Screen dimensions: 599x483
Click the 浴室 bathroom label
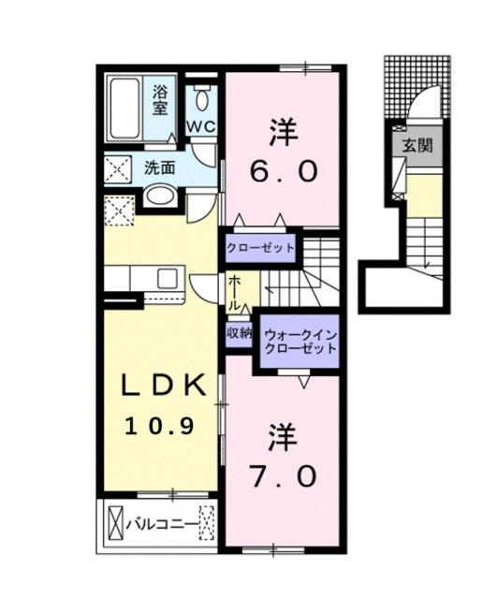point(161,99)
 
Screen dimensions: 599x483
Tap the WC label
point(199,125)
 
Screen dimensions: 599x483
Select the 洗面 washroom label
point(160,168)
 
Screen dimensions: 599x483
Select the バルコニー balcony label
point(161,524)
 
